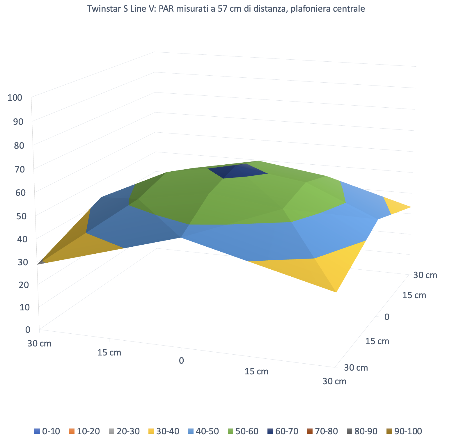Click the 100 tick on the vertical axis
pyautogui.click(x=15, y=98)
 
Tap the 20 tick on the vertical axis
pyautogui.click(x=24, y=285)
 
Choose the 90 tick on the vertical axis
pyautogui.click(x=18, y=122)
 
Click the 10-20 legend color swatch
pyautogui.click(x=72, y=431)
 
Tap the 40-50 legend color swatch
pyautogui.click(x=191, y=431)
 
